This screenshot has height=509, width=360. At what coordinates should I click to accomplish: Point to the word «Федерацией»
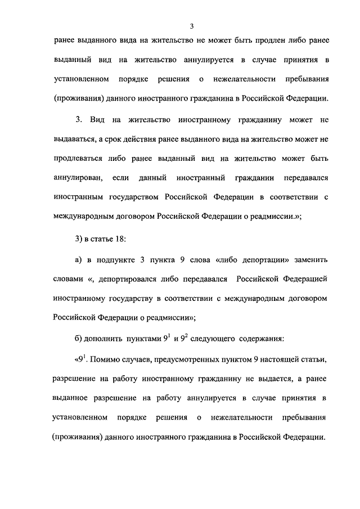coord(303,280)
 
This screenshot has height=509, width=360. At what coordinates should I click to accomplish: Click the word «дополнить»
coord(107,340)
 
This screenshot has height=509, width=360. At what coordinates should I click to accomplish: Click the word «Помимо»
coord(106,359)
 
